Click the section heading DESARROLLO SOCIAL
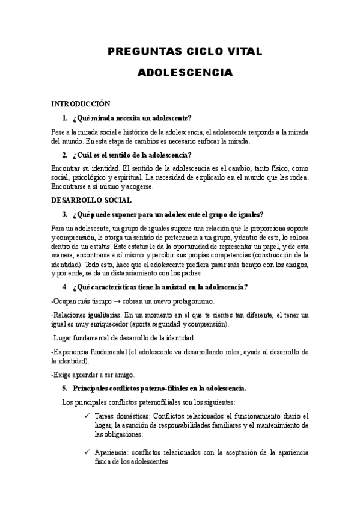point(91,200)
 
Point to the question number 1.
point(64,117)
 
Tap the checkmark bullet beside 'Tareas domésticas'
point(88,416)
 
